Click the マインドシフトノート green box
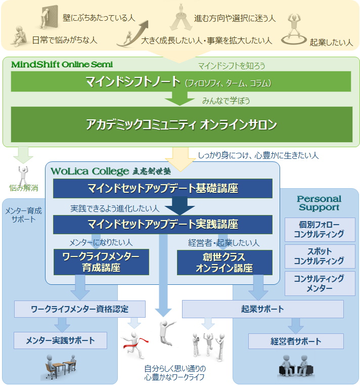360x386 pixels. (181, 82)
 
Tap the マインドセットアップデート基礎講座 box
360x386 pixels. (162, 189)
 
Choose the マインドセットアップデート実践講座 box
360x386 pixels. (162, 224)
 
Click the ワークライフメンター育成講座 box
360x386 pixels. (101, 262)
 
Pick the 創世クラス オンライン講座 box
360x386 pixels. (224, 262)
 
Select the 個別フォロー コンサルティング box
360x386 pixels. (319, 229)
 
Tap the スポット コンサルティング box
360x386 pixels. (319, 256)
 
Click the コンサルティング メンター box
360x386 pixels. (319, 283)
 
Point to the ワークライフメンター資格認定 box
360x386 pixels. (80, 309)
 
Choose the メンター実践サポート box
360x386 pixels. (61, 340)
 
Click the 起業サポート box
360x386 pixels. (262, 309)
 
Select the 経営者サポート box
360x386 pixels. (296, 341)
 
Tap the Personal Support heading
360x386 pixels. (319, 203)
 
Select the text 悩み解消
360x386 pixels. (24, 188)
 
